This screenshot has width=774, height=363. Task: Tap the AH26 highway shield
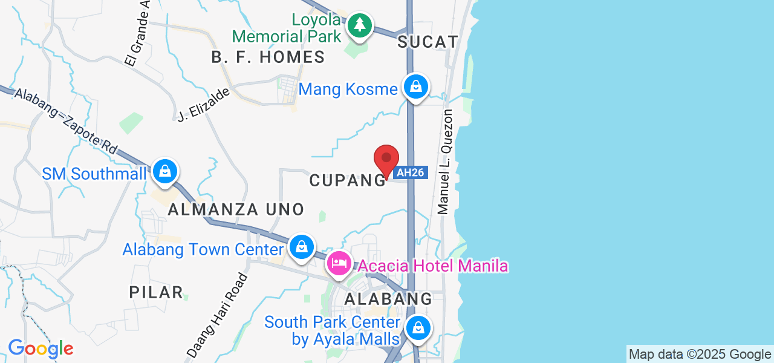point(411,172)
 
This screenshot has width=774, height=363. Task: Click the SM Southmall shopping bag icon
point(164,171)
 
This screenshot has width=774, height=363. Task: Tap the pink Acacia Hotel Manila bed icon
point(339,263)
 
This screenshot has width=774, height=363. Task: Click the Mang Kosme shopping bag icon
point(416,87)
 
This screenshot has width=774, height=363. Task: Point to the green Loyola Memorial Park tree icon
point(360,25)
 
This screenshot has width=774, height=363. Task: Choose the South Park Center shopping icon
point(417,329)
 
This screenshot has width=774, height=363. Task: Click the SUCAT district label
point(428,42)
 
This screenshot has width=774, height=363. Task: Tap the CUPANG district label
point(347,180)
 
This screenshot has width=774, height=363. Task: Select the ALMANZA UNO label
point(236,210)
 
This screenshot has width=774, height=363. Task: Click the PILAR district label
point(156,292)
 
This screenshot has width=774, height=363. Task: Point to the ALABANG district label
point(388,299)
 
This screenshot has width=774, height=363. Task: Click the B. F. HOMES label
point(268,57)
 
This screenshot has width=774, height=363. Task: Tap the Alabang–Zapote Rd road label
point(66,120)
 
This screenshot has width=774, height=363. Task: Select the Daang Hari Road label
point(217,315)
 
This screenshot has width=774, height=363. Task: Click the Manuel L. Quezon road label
point(446,162)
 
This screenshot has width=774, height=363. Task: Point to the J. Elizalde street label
point(204,105)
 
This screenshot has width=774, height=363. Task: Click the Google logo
point(41,348)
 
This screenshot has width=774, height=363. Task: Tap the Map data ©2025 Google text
point(700,355)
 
